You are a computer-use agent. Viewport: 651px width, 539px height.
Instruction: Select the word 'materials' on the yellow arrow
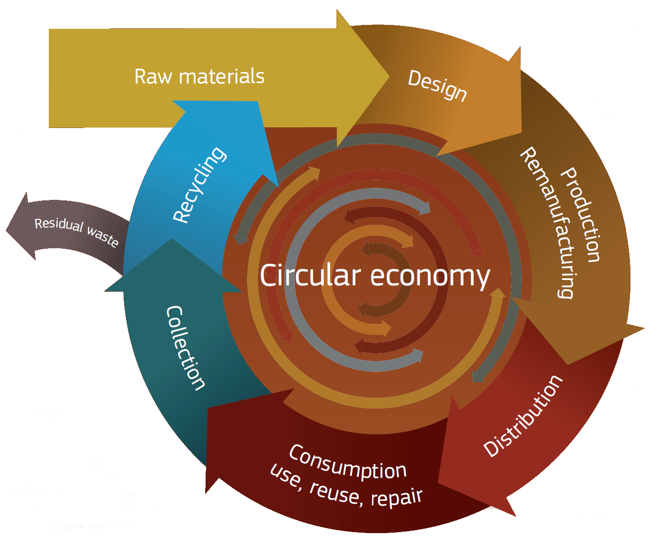coord(222,77)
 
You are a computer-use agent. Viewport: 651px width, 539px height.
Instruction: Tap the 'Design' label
coord(437,85)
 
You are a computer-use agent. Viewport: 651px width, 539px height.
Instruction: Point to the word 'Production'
coord(581,215)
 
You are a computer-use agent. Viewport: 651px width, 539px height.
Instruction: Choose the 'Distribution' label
coord(523,416)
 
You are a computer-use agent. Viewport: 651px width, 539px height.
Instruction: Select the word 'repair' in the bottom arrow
coord(397,497)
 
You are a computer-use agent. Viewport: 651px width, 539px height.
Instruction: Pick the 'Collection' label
coord(185,348)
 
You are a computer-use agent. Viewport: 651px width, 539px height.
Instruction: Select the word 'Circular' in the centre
coord(310,276)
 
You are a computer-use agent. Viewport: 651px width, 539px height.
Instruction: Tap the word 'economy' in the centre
coord(430,277)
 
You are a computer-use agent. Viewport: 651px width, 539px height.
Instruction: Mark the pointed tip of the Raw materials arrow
coord(389,76)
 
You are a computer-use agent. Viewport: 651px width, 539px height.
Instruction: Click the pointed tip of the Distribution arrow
coord(515,515)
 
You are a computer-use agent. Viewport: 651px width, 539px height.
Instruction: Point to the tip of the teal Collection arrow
coord(171,239)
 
